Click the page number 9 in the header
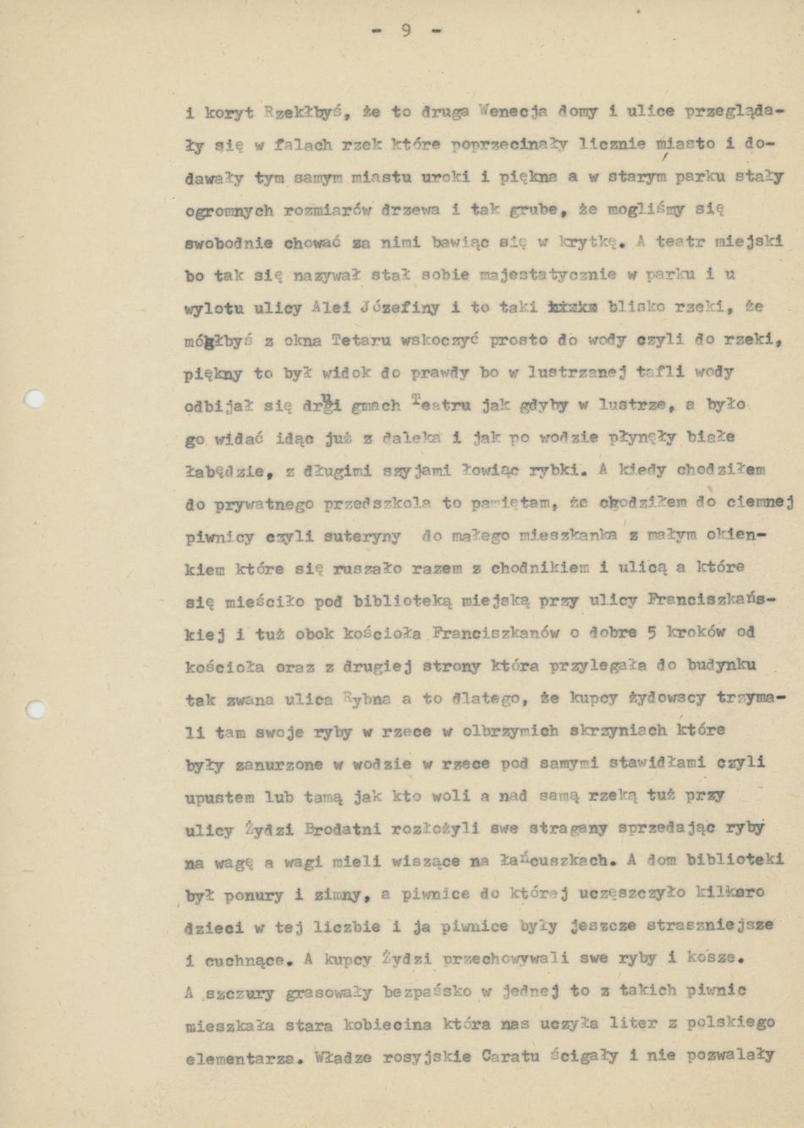click(x=406, y=30)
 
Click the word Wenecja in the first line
click(x=514, y=111)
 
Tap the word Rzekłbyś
click(x=304, y=111)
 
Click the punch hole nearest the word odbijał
click(x=35, y=399)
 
